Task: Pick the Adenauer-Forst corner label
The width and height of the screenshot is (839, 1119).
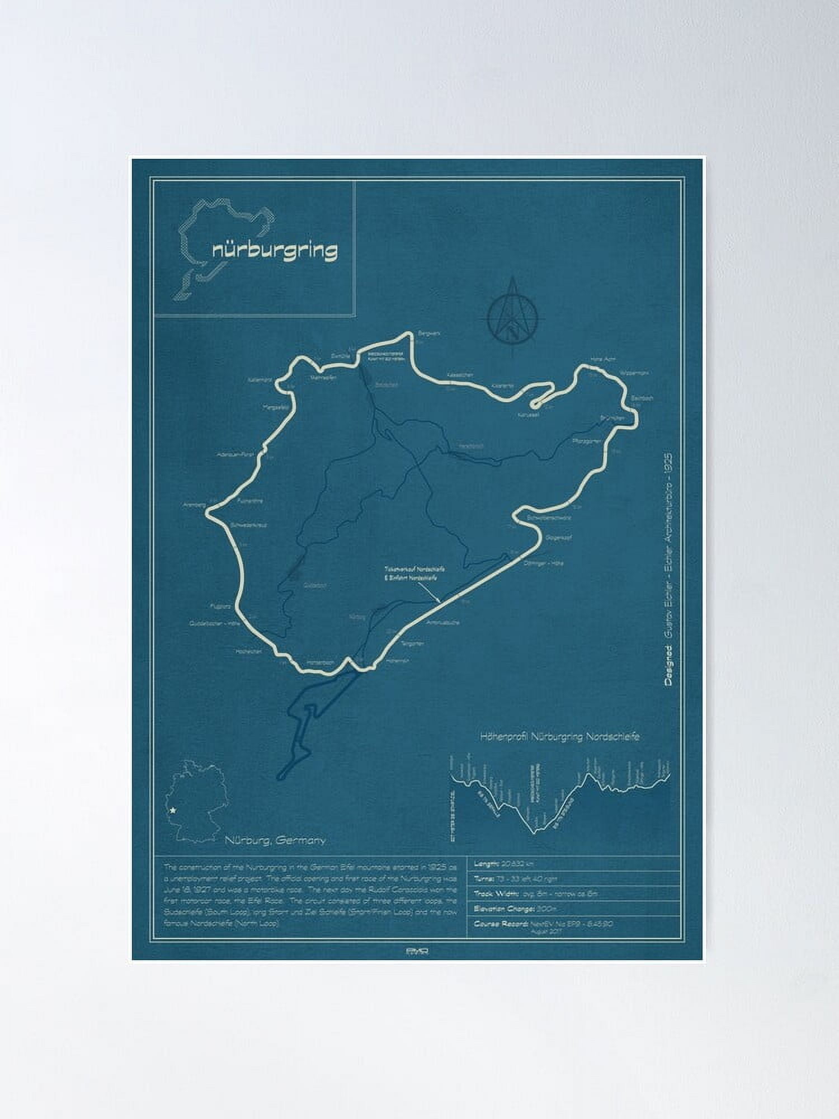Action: tap(235, 455)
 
